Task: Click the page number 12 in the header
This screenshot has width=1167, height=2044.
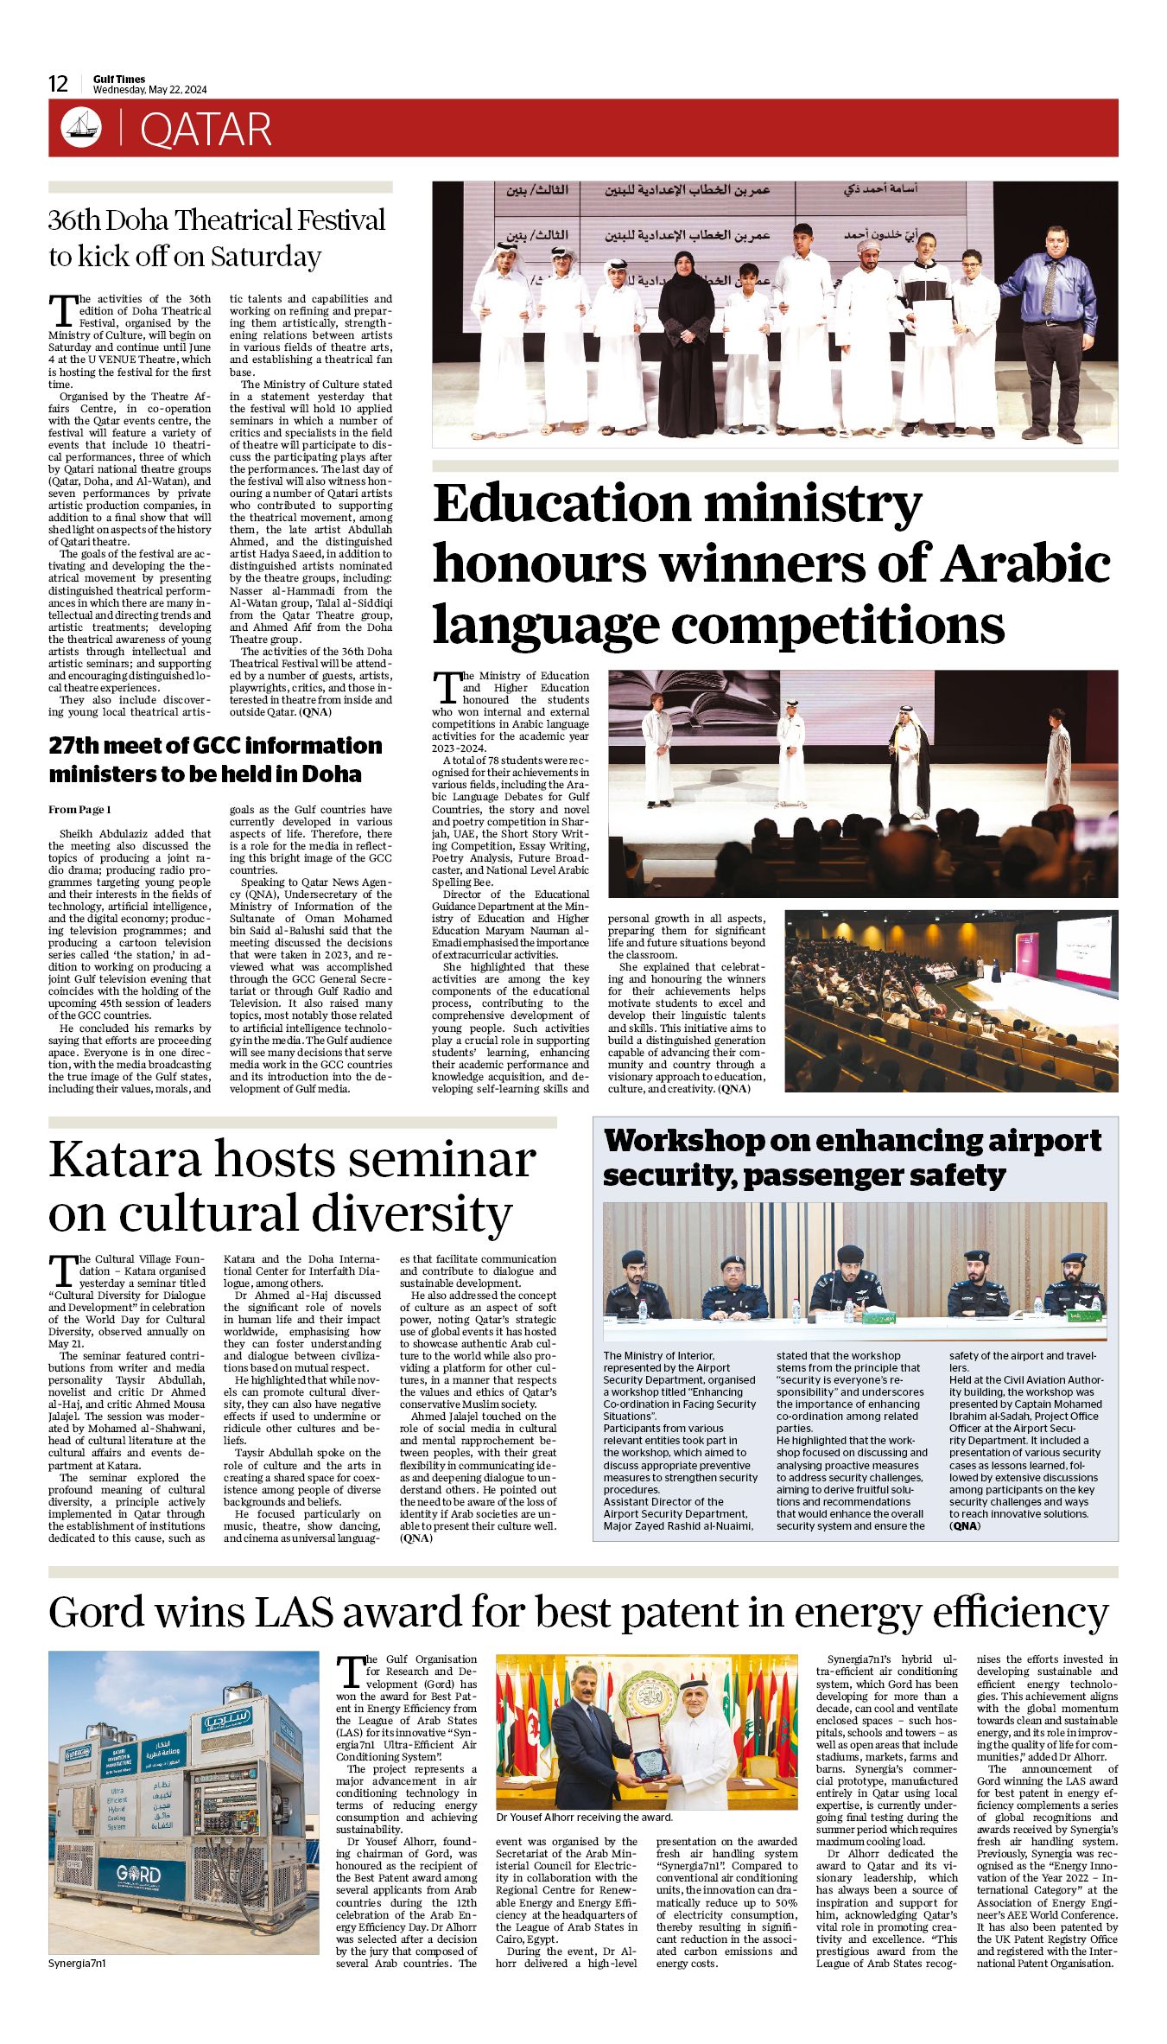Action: tap(58, 84)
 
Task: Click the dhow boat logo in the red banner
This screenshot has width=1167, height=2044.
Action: tap(81, 128)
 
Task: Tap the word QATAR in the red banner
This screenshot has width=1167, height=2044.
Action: tap(206, 130)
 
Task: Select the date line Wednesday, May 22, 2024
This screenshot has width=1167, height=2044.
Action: tap(150, 90)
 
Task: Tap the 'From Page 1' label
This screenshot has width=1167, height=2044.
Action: tap(79, 810)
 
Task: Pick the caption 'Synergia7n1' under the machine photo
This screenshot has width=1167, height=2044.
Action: tap(76, 1964)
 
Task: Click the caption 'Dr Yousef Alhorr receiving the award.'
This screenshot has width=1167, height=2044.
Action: tap(584, 1818)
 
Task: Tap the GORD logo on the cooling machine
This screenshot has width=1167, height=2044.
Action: tap(139, 1875)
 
